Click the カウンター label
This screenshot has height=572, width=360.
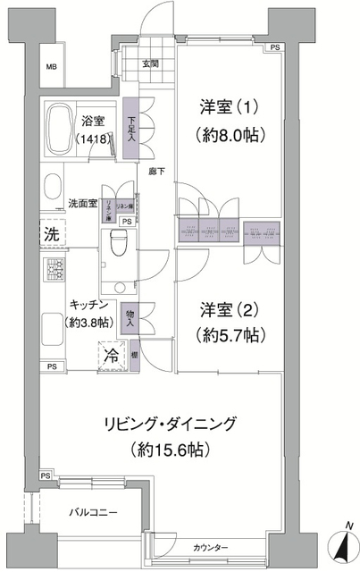(211, 547)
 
